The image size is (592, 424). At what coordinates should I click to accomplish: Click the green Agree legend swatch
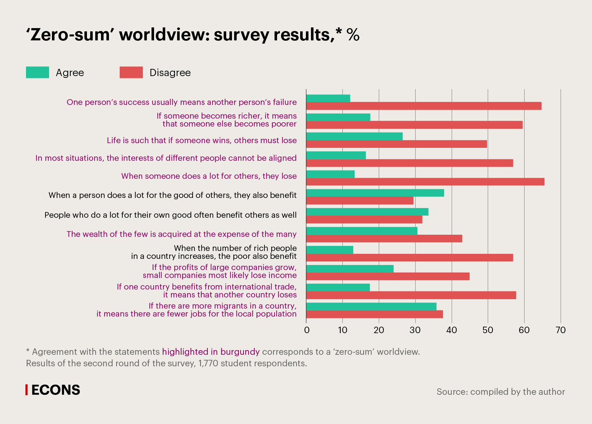38,72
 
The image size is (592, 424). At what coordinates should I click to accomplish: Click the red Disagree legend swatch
131,72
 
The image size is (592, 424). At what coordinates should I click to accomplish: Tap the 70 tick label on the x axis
561,330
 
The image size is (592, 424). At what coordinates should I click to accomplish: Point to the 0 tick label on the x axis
307,330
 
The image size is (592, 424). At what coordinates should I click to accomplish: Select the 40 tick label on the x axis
452,330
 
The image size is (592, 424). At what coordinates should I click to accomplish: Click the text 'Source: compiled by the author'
501,392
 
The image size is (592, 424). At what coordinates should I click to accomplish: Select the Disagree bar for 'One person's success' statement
424,106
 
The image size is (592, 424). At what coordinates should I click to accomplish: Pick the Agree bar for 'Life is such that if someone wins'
354,136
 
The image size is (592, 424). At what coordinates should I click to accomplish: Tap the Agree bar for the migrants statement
371,306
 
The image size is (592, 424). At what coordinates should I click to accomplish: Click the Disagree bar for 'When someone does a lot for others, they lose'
425,182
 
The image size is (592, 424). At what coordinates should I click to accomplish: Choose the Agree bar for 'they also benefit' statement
375,193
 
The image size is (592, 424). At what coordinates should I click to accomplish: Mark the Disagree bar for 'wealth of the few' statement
384,238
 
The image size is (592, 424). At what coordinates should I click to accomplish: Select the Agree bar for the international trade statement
338,287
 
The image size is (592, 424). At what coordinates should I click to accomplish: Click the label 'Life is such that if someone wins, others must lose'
202,140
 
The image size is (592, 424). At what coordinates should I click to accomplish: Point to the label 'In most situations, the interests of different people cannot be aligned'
166,158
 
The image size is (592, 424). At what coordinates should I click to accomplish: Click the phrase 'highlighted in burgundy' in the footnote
211,352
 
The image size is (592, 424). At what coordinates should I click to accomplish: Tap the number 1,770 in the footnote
208,363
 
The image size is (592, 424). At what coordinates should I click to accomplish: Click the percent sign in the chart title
353,35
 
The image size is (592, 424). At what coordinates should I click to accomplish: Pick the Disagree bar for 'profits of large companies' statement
388,276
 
